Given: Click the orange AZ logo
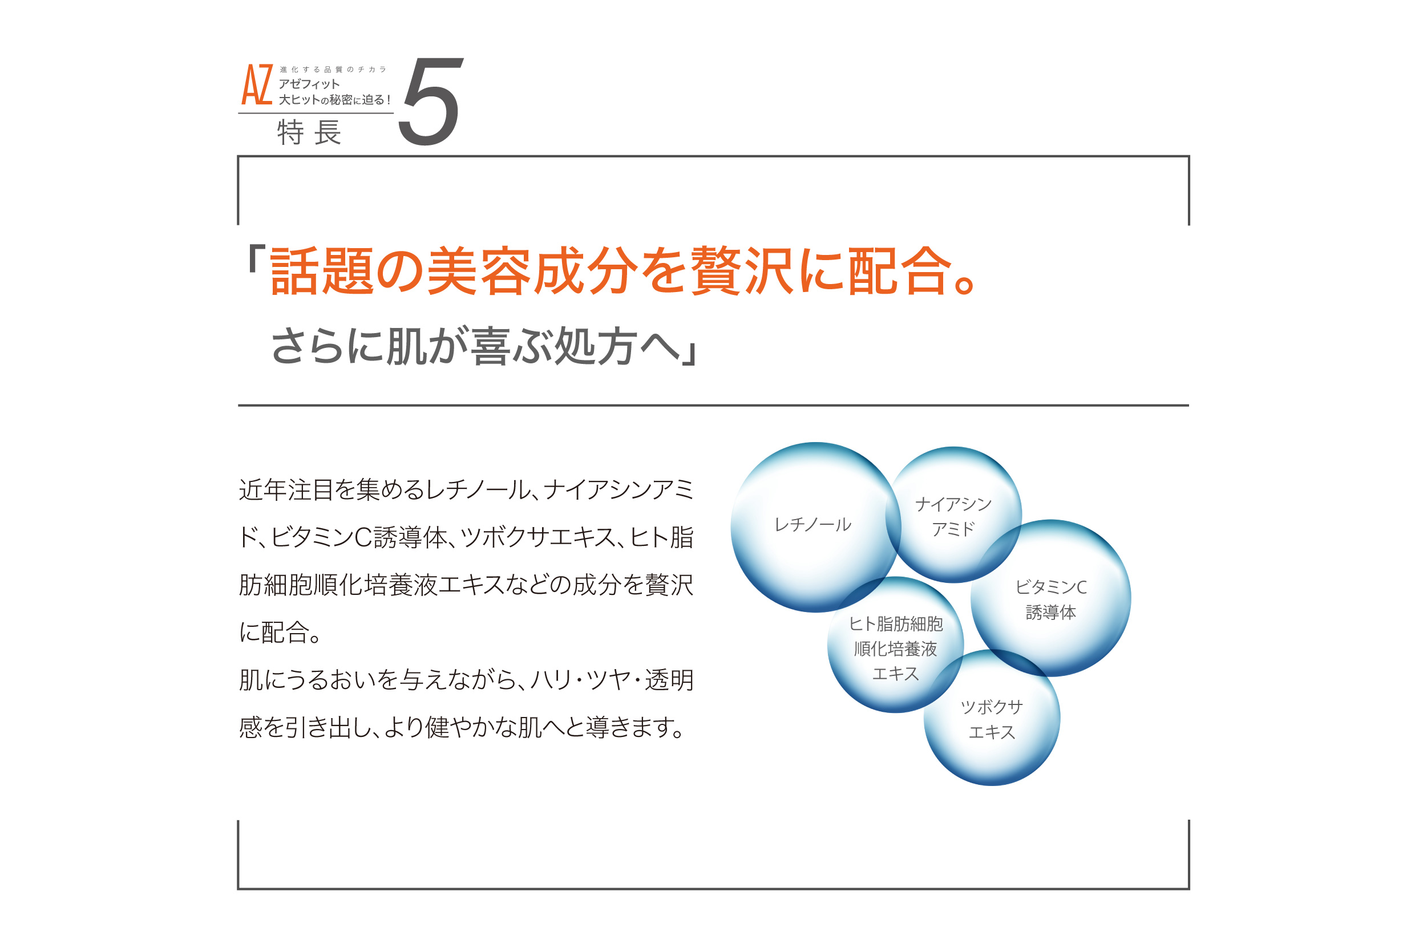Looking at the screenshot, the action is (257, 84).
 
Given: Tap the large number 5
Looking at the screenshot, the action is (430, 101).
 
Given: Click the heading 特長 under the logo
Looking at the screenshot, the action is (309, 132).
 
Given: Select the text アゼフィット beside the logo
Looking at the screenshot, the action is (309, 84).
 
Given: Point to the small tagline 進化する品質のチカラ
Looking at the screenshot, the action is (333, 70).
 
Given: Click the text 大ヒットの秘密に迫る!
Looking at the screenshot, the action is (334, 99).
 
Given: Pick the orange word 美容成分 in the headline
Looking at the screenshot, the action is (532, 271).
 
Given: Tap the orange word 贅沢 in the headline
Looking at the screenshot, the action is (743, 271).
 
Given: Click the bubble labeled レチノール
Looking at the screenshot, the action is (816, 528).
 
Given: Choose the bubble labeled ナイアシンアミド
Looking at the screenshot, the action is (954, 514).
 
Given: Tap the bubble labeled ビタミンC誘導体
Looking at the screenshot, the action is (1050, 598).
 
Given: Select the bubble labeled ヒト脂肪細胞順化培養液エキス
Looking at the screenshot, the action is (895, 645).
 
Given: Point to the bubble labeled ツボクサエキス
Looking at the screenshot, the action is (992, 718).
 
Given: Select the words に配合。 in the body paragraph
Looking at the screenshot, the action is (281, 632).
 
